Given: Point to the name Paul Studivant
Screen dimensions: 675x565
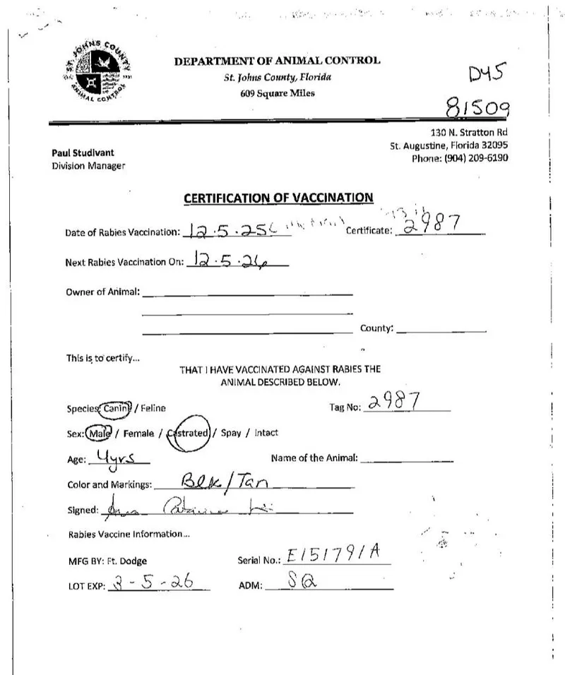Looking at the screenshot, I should click(x=83, y=153).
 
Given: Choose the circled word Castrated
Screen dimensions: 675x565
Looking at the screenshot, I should click(x=189, y=433).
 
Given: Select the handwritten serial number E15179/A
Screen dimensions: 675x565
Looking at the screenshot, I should click(x=333, y=555).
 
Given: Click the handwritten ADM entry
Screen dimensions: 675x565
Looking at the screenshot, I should click(x=299, y=582).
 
